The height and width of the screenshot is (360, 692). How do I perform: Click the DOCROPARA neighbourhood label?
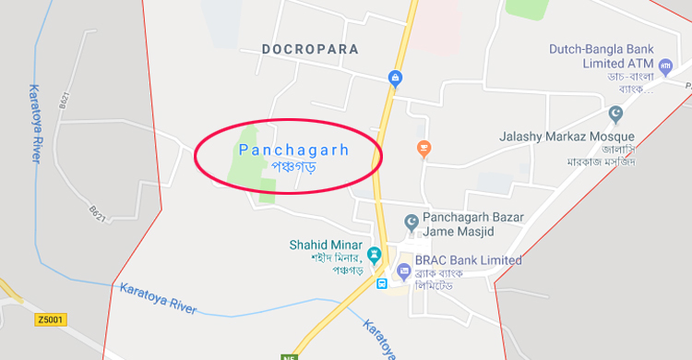pyautogui.click(x=309, y=48)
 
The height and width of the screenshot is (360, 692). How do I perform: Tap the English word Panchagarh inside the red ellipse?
pyautogui.click(x=294, y=149)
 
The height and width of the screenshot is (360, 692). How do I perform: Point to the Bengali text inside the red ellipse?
pyautogui.click(x=293, y=165)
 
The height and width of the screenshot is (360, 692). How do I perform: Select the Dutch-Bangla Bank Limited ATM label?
pyautogui.click(x=601, y=55)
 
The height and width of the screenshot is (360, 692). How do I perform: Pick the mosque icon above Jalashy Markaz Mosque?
pyautogui.click(x=616, y=114)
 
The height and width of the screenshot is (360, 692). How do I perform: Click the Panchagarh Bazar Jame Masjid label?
pyautogui.click(x=472, y=223)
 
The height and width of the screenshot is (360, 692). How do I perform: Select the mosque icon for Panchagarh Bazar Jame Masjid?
pyautogui.click(x=412, y=222)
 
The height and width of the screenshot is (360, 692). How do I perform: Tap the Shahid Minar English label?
pyautogui.click(x=323, y=245)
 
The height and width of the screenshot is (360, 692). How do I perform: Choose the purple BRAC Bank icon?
pyautogui.click(x=402, y=270)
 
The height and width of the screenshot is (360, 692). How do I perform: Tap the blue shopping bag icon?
pyautogui.click(x=395, y=78)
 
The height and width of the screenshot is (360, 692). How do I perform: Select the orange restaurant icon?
pyautogui.click(x=424, y=147)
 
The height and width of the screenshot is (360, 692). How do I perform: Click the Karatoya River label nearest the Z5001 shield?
pyautogui.click(x=158, y=297)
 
